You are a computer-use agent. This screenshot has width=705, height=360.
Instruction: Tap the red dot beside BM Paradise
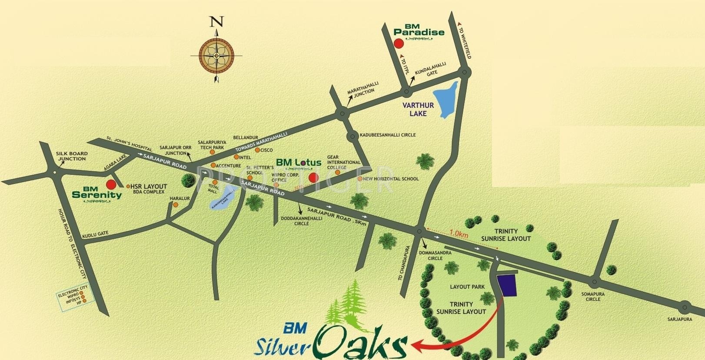(397, 43)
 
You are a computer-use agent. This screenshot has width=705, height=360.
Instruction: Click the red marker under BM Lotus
(313, 177)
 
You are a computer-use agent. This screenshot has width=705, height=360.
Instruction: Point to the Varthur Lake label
(418, 110)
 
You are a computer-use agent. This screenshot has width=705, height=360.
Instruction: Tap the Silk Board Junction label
(72, 156)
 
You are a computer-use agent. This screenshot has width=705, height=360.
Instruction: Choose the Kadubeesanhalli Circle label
(388, 135)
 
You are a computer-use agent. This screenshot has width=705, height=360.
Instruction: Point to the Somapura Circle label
(593, 297)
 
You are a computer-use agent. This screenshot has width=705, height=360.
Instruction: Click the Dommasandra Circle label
(431, 255)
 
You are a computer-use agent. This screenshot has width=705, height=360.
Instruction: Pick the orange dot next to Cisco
(257, 150)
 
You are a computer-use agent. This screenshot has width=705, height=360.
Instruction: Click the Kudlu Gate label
(95, 234)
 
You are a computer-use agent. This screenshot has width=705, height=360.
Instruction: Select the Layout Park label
(467, 287)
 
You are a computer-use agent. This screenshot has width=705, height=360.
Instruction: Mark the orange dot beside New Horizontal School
(360, 179)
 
